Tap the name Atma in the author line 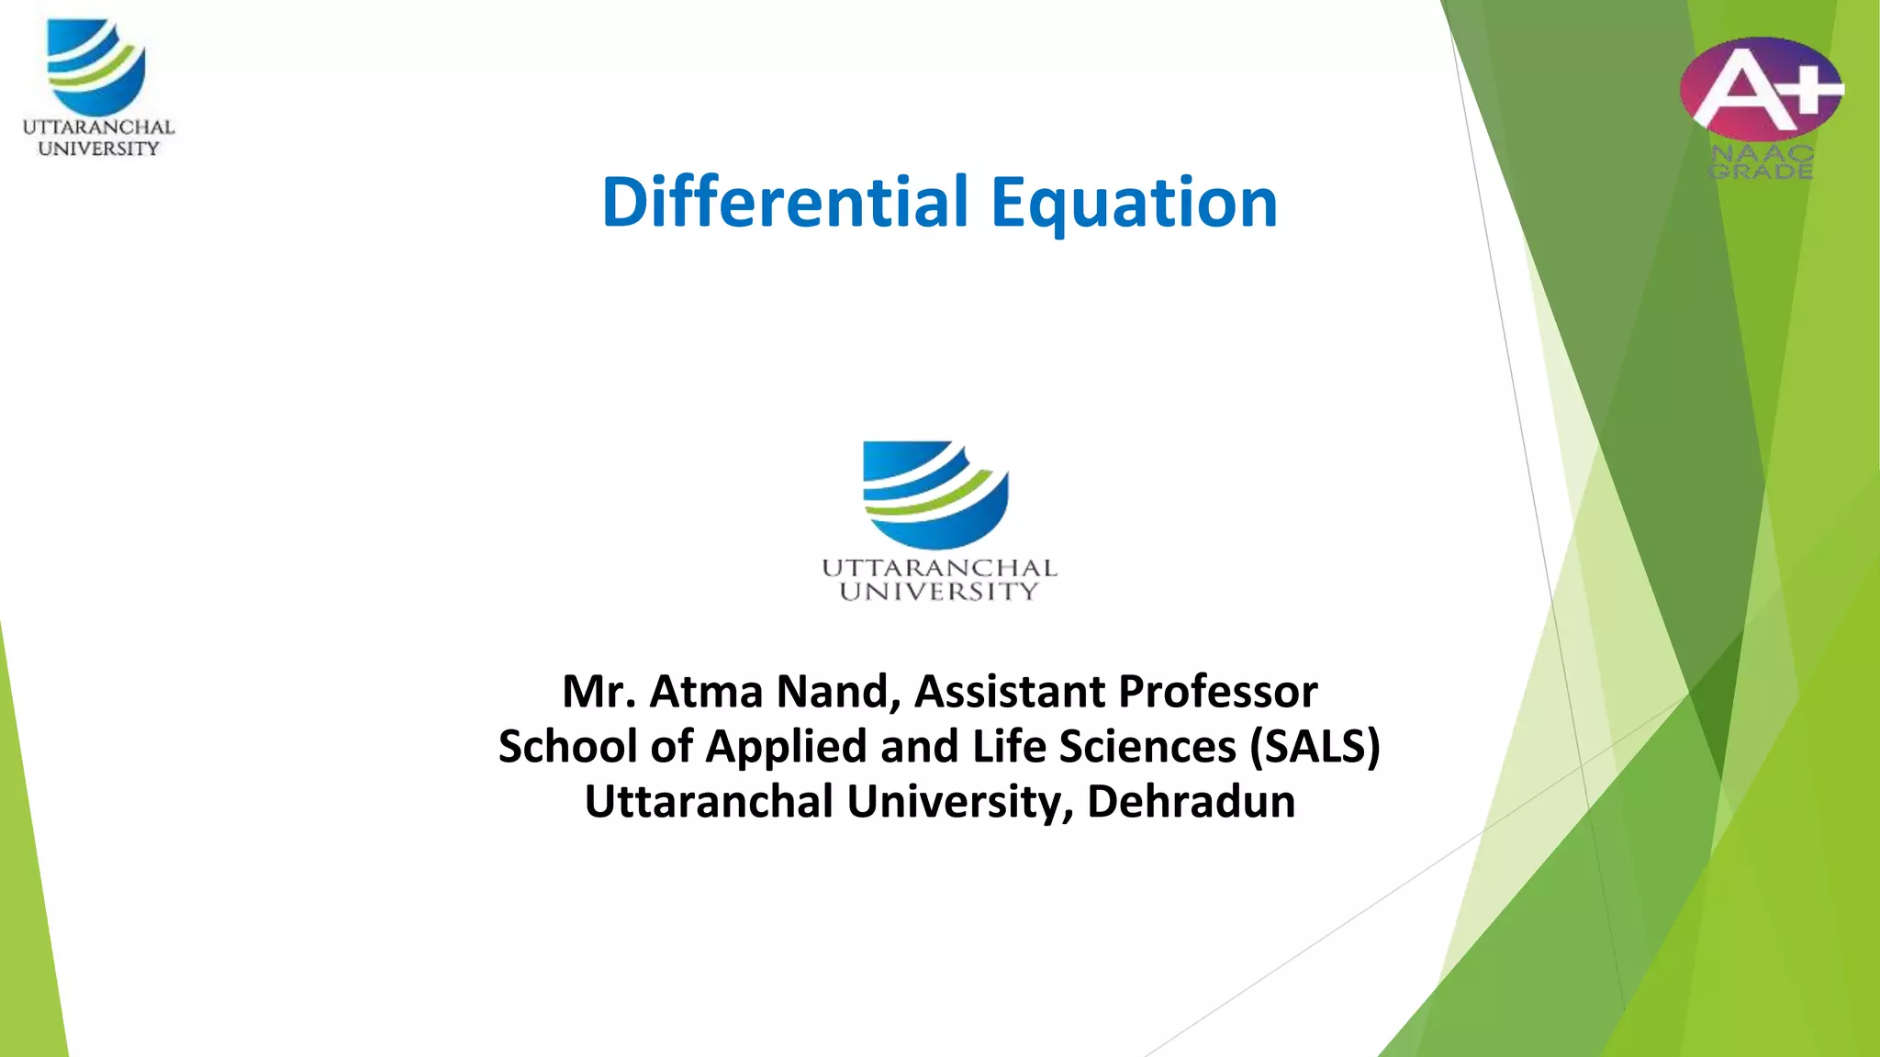click(706, 691)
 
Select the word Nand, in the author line click(839, 691)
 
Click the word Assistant click(1007, 691)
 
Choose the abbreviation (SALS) click(1315, 746)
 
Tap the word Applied click(786, 748)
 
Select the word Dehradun click(1191, 801)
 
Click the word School click(567, 746)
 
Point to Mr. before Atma click(599, 691)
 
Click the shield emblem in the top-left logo click(96, 67)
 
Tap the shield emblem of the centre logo click(935, 494)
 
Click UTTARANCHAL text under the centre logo click(939, 568)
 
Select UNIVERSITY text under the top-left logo click(98, 149)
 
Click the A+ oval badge click(1761, 88)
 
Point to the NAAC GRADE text click(1761, 162)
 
